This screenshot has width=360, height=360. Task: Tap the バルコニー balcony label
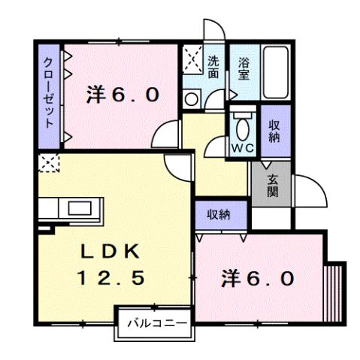point(153,324)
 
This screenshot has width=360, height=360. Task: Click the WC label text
point(242,147)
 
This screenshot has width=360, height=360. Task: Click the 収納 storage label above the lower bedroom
point(219,214)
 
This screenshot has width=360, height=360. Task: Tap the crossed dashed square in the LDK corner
point(48,162)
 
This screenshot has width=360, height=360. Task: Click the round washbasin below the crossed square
point(190,98)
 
